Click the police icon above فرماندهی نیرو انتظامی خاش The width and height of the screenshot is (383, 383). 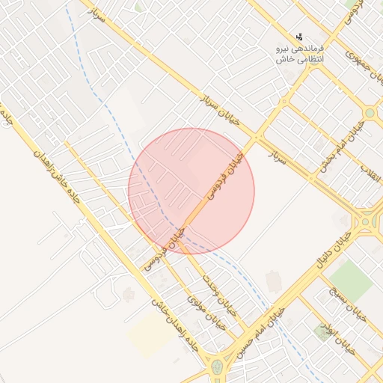point(300,36)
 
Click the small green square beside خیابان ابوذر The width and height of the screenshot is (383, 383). point(322,330)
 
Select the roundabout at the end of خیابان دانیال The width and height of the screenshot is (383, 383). point(367,221)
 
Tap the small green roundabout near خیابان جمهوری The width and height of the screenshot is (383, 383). point(370,112)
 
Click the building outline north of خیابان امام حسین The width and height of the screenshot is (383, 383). point(274,282)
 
